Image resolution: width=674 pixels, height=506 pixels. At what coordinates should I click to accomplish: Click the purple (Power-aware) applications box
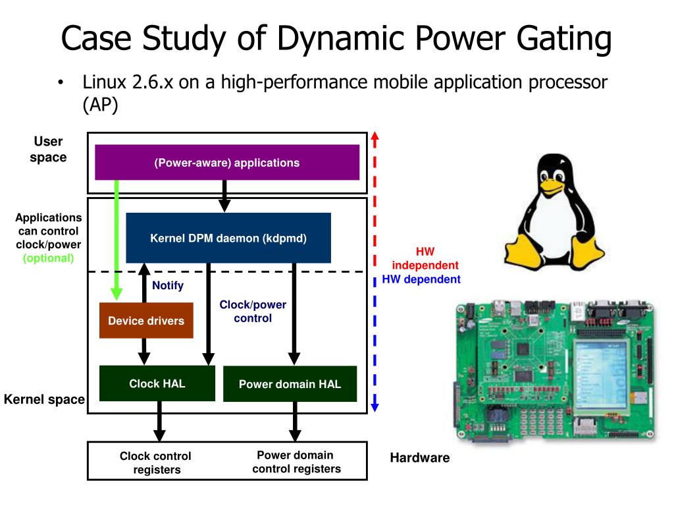pyautogui.click(x=227, y=162)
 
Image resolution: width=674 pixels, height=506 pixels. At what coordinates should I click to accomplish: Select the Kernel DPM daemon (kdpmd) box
pyautogui.click(x=228, y=238)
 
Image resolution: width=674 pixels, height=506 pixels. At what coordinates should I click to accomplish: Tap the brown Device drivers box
pyautogui.click(x=146, y=321)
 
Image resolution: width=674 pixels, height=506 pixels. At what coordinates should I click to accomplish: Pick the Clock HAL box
pyautogui.click(x=157, y=383)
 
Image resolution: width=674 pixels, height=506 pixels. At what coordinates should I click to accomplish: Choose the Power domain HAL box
pyautogui.click(x=290, y=384)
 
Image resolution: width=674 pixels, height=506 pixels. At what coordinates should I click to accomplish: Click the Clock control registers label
pyautogui.click(x=155, y=463)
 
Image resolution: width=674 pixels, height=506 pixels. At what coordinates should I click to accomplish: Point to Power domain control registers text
pyautogui.click(x=296, y=462)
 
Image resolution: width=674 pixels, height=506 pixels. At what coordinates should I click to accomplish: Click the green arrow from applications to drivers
pyautogui.click(x=117, y=240)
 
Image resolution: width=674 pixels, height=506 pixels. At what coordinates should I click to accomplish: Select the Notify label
pyautogui.click(x=168, y=285)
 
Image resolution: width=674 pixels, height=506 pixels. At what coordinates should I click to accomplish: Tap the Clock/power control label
pyautogui.click(x=253, y=311)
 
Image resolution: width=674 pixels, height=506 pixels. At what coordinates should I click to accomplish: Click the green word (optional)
pyautogui.click(x=48, y=258)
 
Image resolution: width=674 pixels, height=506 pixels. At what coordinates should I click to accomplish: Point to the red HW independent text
pyautogui.click(x=425, y=258)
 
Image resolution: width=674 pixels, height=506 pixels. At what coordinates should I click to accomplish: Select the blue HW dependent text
pyautogui.click(x=421, y=279)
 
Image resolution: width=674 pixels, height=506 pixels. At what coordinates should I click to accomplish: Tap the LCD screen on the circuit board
pyautogui.click(x=602, y=374)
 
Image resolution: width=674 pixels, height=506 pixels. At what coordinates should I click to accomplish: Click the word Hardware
pyautogui.click(x=419, y=457)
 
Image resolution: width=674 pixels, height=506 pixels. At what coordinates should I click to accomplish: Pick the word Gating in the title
pyautogui.click(x=564, y=38)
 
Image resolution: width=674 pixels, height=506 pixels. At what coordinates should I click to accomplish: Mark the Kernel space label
pyautogui.click(x=44, y=399)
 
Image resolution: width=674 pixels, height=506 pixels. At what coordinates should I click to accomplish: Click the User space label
pyautogui.click(x=48, y=150)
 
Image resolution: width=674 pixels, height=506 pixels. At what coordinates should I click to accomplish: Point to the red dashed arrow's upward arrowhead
pyautogui.click(x=375, y=137)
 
